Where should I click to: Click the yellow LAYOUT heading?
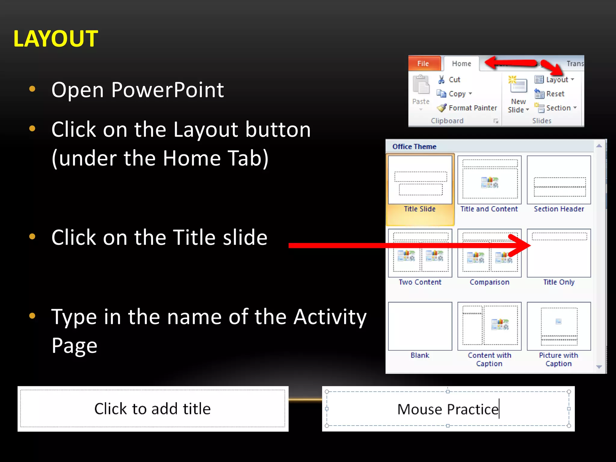pyautogui.click(x=56, y=39)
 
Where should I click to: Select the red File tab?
pyautogui.click(x=423, y=63)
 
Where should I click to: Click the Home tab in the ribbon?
pyautogui.click(x=461, y=63)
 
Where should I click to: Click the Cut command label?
pyautogui.click(x=454, y=80)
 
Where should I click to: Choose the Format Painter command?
pyautogui.click(x=473, y=108)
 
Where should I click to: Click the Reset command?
pyautogui.click(x=555, y=94)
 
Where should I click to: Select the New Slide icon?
pyautogui.click(x=518, y=85)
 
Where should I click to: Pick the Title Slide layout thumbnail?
pyautogui.click(x=420, y=180)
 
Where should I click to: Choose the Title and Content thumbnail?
pyautogui.click(x=489, y=180)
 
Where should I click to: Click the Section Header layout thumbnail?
pyautogui.click(x=559, y=180)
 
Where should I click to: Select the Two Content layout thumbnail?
pyautogui.click(x=420, y=253)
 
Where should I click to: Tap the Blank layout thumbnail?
pyautogui.click(x=420, y=326)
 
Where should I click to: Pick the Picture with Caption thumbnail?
pyautogui.click(x=559, y=326)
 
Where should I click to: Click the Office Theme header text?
pyautogui.click(x=414, y=146)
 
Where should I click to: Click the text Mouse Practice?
pyautogui.click(x=448, y=409)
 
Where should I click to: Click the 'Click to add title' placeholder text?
pyautogui.click(x=152, y=409)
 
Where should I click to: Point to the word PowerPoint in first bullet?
pyautogui.click(x=168, y=90)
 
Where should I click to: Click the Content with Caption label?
pyautogui.click(x=489, y=359)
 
